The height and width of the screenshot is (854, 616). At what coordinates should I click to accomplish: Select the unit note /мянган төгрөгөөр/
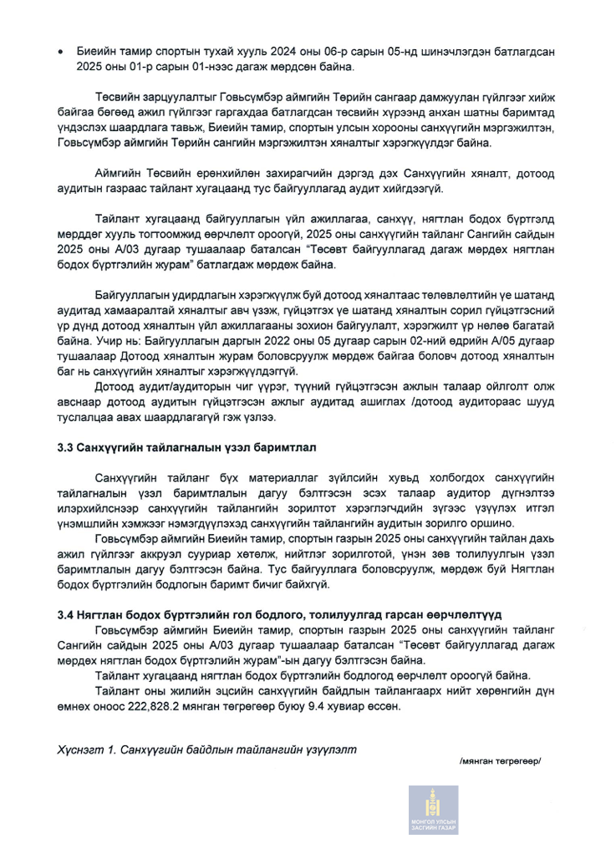click(500, 761)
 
